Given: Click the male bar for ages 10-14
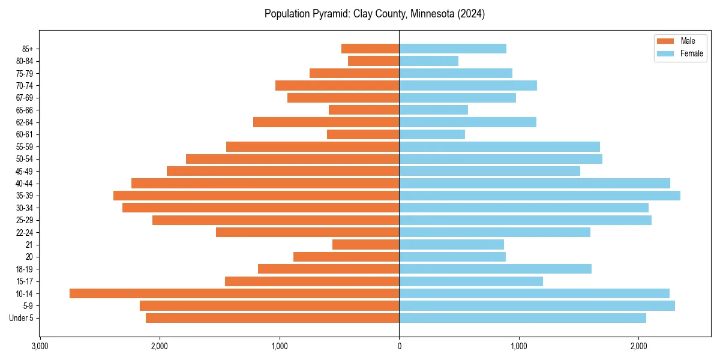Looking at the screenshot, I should [x=234, y=293].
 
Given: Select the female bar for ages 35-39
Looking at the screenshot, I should [x=539, y=196].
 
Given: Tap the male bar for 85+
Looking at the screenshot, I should [x=370, y=49].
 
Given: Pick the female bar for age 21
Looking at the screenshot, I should [x=451, y=244].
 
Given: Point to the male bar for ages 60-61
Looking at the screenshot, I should [x=363, y=134].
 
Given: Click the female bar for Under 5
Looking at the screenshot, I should [x=523, y=318].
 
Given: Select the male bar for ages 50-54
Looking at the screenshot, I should [x=292, y=159].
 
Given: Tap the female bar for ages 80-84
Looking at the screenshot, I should [x=428, y=61].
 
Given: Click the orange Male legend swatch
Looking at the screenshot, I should [x=666, y=41].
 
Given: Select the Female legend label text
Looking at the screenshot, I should [x=691, y=53].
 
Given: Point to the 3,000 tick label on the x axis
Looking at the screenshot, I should [x=40, y=346].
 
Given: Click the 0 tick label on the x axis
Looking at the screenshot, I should [x=399, y=346].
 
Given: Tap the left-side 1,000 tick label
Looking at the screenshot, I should [x=280, y=346].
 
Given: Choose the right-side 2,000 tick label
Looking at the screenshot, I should [x=639, y=346].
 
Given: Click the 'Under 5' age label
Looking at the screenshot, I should [x=21, y=318].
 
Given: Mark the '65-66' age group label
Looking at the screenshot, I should [x=24, y=110].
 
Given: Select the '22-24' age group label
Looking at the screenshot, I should [x=24, y=232].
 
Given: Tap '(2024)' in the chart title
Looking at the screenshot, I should [x=470, y=14].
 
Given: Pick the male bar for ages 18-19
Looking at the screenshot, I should [x=328, y=269].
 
